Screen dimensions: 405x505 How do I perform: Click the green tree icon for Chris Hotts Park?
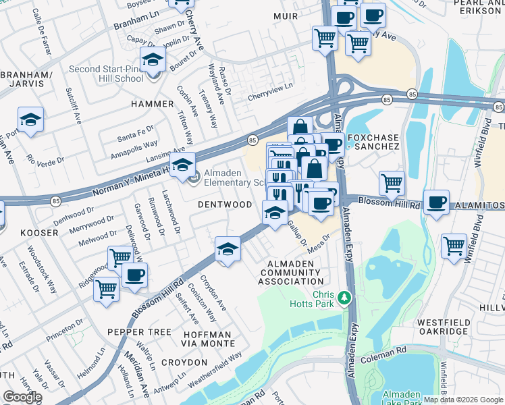(345, 297)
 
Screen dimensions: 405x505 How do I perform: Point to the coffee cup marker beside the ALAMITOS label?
(437, 202)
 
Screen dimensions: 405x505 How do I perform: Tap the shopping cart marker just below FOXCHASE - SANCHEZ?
(392, 183)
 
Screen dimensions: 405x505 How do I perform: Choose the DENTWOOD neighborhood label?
(225, 204)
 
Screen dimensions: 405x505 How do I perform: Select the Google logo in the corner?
(22, 397)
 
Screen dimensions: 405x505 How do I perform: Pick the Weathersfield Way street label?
(215, 369)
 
